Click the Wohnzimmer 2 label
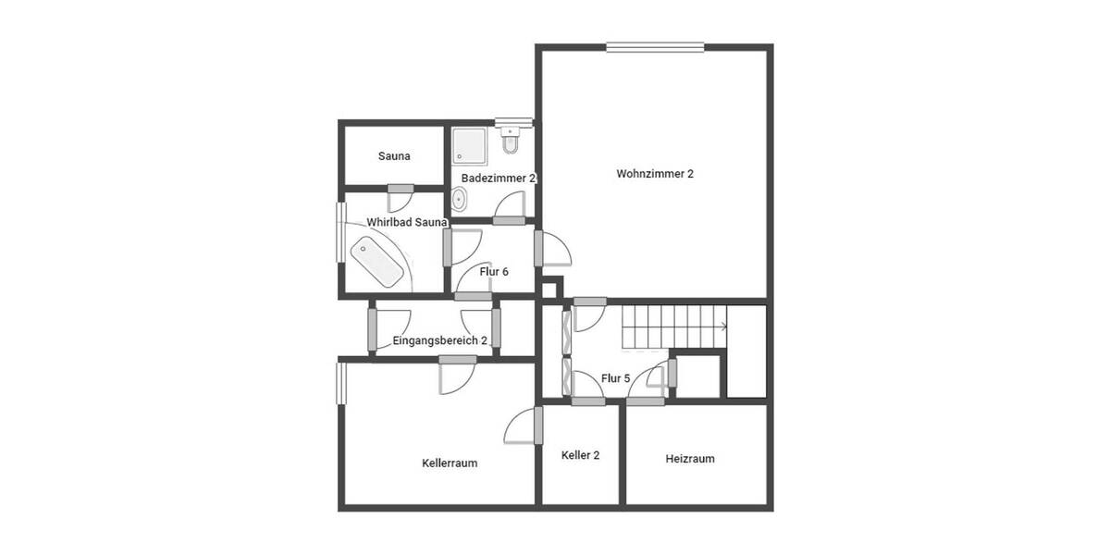pos(655,174)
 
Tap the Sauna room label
pos(394,156)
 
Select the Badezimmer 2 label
pos(499,177)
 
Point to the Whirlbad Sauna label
pos(407,222)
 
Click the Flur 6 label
pos(494,272)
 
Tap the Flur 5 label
pos(615,378)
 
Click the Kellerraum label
pos(450,462)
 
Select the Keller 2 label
pos(581,455)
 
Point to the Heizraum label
pos(690,459)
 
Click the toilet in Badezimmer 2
pos(511,141)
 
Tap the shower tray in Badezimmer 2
pos(469,144)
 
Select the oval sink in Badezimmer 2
pos(460,199)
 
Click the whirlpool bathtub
pos(376,262)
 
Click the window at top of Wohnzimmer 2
pos(655,47)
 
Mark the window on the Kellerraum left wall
pos(341,382)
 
